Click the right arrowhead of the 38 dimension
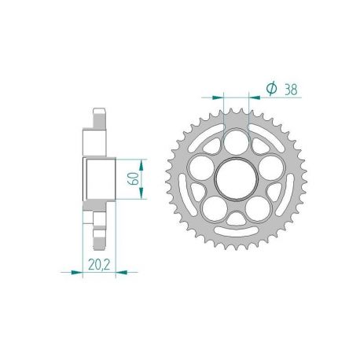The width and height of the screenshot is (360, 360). pyautogui.click(x=255, y=99)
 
